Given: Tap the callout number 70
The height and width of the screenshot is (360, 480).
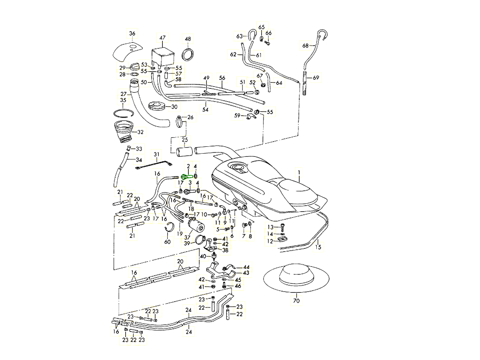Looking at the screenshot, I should click(296, 300).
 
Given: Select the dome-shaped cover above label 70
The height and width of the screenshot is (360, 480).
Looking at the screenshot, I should click(296, 276).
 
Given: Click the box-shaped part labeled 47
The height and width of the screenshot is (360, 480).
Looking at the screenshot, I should click(162, 56).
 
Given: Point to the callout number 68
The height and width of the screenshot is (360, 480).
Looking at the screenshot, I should click(305, 46).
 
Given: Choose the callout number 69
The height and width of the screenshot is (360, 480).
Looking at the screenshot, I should click(316, 78).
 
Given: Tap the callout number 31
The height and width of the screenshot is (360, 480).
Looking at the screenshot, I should click(156, 154).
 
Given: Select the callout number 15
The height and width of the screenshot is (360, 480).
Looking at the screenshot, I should click(318, 248).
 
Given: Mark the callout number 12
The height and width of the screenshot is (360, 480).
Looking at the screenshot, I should click(270, 241).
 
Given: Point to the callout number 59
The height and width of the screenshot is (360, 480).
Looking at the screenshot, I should click(238, 116).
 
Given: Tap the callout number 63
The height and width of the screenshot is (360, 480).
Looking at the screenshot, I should click(240, 36).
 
